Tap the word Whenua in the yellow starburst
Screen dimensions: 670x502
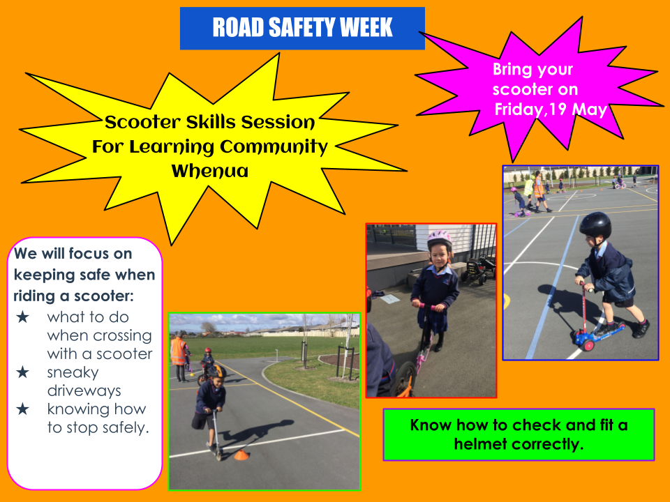point(210,172)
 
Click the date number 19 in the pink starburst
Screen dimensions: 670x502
point(558,109)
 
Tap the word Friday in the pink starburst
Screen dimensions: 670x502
point(519,109)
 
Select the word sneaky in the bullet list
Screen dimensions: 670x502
point(73,372)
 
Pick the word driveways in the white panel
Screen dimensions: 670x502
point(84,390)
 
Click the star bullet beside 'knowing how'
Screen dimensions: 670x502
point(22,409)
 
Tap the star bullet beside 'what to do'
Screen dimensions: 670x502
point(22,317)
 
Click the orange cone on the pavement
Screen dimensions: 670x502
point(241,455)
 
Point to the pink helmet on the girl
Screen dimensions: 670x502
point(440,238)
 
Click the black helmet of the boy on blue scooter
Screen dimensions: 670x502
point(595,225)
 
